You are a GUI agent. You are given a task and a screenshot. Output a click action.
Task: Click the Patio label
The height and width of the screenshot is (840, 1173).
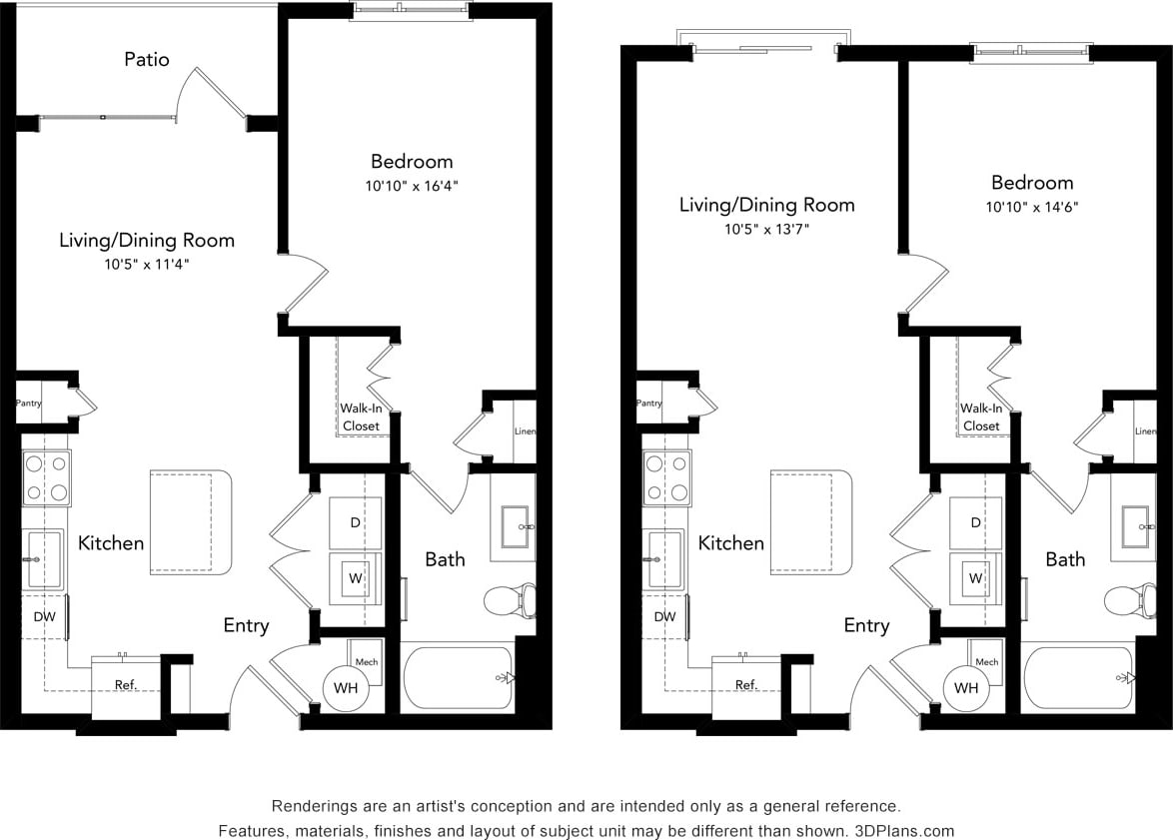pyautogui.click(x=146, y=59)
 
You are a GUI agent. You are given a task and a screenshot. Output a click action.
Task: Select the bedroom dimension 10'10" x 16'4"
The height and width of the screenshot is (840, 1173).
pyautogui.click(x=412, y=186)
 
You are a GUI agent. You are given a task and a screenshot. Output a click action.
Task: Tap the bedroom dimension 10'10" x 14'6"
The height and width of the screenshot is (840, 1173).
pyautogui.click(x=1032, y=207)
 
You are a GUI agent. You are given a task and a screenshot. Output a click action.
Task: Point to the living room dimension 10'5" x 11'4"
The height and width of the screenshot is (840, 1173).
pyautogui.click(x=146, y=265)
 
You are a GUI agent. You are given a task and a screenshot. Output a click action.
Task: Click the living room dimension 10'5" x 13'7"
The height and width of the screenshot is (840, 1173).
pyautogui.click(x=766, y=229)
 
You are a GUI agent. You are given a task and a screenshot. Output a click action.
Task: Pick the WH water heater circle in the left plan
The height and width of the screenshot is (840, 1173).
pyautogui.click(x=346, y=687)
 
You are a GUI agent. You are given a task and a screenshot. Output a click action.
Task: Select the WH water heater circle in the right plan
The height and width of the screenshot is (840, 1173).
pyautogui.click(x=966, y=687)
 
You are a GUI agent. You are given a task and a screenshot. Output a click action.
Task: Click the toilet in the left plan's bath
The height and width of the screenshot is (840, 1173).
pyautogui.click(x=511, y=600)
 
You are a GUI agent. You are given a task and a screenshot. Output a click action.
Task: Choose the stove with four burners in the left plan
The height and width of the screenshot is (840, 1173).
pyautogui.click(x=46, y=478)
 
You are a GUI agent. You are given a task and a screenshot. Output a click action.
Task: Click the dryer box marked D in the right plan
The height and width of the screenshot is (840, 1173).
pyautogui.click(x=975, y=522)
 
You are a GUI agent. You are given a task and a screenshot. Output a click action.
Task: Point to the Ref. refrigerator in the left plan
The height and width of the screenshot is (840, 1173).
pyautogui.click(x=126, y=686)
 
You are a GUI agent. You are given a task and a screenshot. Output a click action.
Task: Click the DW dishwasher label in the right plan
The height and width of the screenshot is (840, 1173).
pyautogui.click(x=664, y=616)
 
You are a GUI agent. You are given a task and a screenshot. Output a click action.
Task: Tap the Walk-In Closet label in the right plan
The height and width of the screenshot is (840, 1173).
pyautogui.click(x=981, y=417)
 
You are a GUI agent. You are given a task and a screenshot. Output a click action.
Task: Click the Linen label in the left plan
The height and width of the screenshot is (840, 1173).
pyautogui.click(x=526, y=431)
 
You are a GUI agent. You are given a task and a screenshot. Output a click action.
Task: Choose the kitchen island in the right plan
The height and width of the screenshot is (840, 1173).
pyautogui.click(x=810, y=522)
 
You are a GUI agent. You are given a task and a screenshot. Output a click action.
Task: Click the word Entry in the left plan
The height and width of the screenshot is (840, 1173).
pyautogui.click(x=246, y=625)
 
